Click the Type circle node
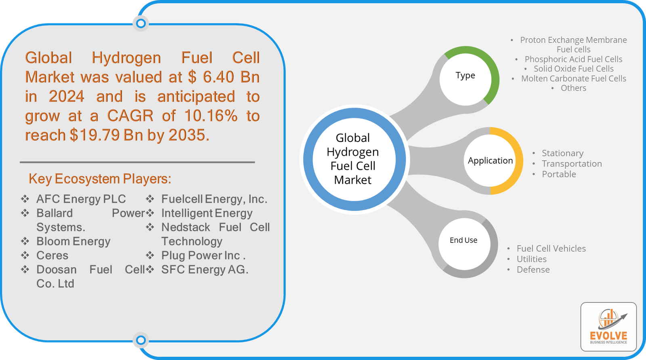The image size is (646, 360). [x=466, y=76]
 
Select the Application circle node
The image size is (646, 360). [x=490, y=161]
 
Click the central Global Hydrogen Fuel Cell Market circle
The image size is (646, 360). [x=353, y=159]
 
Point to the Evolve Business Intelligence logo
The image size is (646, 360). [x=608, y=326]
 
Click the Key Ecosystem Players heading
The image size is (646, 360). [x=100, y=179]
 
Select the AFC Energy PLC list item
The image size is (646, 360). [x=81, y=199]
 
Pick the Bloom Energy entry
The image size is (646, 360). [x=73, y=242]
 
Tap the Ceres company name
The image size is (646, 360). [x=52, y=256]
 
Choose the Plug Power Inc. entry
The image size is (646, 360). [x=203, y=256]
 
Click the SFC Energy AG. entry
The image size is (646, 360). [x=205, y=270]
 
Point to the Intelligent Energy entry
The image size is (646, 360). [x=207, y=213]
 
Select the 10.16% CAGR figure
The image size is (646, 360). [x=211, y=116]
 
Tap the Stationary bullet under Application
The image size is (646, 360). [x=562, y=154]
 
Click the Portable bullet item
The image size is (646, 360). [x=559, y=175]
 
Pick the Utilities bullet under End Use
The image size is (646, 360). [x=531, y=259]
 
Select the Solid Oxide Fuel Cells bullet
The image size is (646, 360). [x=573, y=69]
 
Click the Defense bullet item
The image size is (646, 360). [x=533, y=270]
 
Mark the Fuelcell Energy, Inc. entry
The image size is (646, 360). [x=214, y=199]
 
